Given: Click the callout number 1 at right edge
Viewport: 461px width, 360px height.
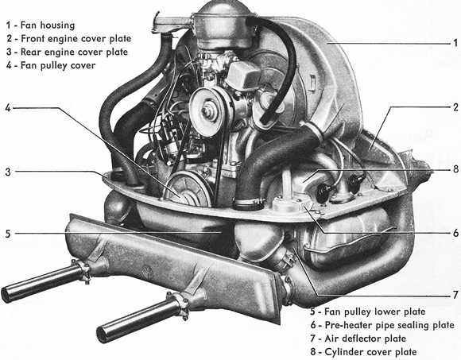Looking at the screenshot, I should [x=454, y=43].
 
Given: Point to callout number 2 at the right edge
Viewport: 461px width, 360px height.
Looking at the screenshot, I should [x=454, y=106].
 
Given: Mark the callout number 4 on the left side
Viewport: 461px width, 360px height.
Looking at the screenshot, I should [x=6, y=108].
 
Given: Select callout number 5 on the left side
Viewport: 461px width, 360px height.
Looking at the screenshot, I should [x=6, y=234].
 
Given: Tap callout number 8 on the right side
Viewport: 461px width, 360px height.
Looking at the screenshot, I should [x=454, y=169].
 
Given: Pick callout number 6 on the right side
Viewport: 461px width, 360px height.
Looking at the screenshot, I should [x=454, y=232].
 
